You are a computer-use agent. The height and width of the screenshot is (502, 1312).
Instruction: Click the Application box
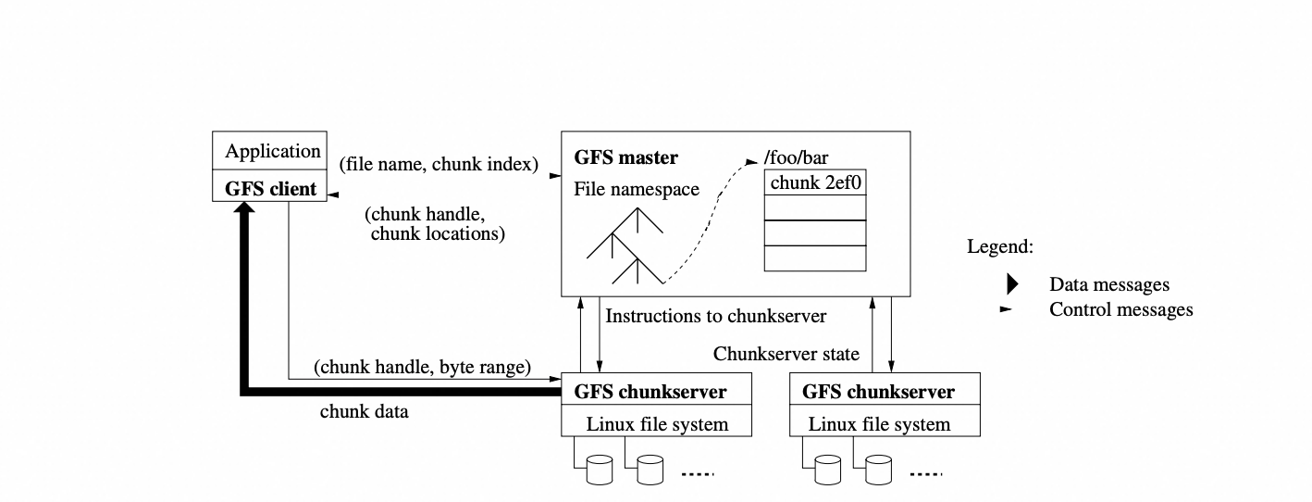pos(273,151)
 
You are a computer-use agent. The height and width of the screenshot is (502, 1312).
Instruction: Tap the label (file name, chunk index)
pos(439,165)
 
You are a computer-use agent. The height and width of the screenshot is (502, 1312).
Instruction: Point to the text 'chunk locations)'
pos(438,233)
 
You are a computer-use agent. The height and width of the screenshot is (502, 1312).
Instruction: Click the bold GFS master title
pos(626,157)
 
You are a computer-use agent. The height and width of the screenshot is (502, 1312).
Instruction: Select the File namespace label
pos(637,189)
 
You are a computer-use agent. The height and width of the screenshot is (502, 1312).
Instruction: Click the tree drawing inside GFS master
pos(625,246)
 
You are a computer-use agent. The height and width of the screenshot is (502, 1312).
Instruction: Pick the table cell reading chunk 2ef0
pos(816,182)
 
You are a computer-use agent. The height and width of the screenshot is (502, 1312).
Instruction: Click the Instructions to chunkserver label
pos(715,316)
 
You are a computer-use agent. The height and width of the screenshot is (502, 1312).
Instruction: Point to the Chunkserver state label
pos(786,354)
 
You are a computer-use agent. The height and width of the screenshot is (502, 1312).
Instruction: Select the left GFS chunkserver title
pos(650,392)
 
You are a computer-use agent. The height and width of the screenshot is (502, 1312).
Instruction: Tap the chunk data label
pos(364,411)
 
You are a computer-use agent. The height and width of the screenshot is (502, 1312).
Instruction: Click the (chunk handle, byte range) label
pos(423,367)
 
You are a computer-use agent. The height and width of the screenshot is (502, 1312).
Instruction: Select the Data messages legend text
pos(1108,284)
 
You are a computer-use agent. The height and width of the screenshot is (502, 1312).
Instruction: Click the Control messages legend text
pos(1120,309)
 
